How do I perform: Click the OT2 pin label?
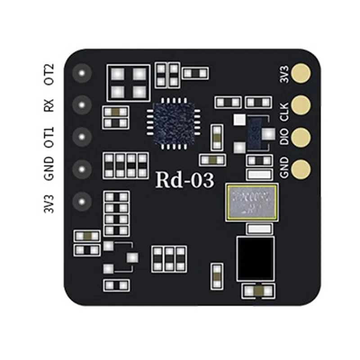point(49,74)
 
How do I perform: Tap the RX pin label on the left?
point(49,105)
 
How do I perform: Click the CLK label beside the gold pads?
point(284,110)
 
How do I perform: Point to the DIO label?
point(284,136)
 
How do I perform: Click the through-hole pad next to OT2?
point(82,72)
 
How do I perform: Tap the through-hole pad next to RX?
point(82,105)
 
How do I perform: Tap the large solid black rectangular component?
point(255,258)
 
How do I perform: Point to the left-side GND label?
point(49,168)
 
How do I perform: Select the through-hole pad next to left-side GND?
point(82,169)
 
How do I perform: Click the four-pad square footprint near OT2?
point(129,82)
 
